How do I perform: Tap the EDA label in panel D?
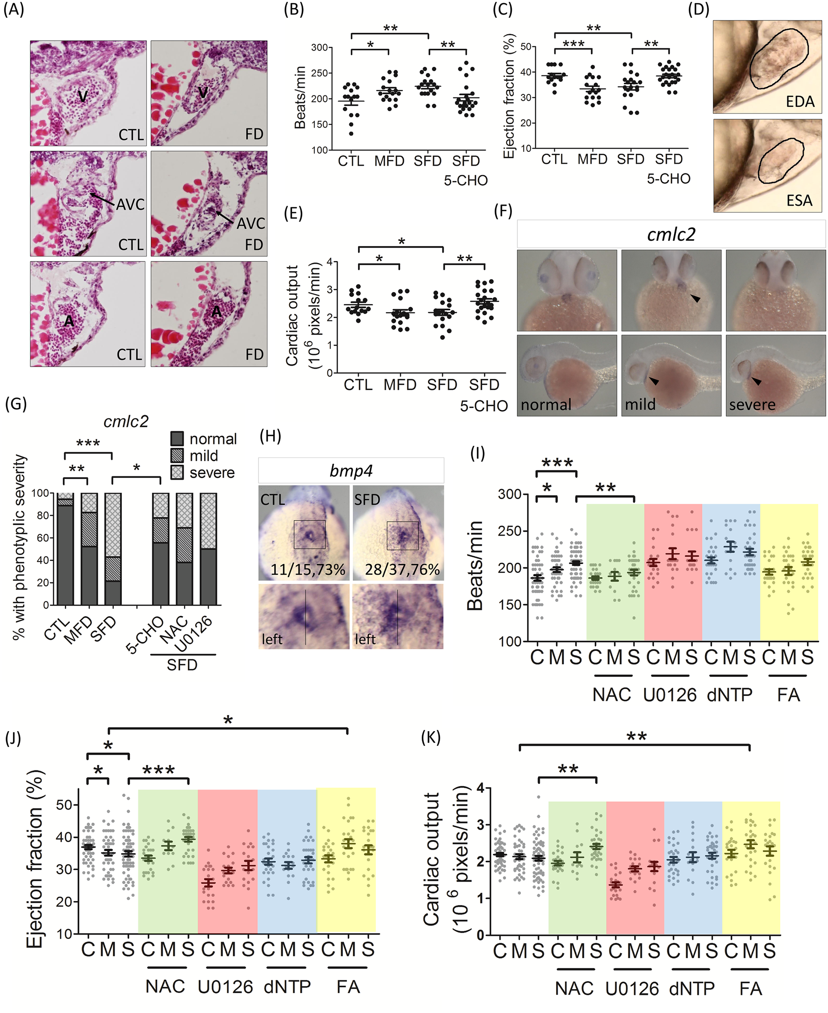[x=800, y=101]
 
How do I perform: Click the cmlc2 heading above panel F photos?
[x=671, y=234]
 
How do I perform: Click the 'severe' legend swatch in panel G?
[x=177, y=472]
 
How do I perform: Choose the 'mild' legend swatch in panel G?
[x=177, y=456]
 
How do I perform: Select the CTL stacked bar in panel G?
[x=65, y=549]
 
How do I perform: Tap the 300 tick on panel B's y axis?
[x=319, y=48]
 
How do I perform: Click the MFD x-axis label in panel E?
[x=400, y=385]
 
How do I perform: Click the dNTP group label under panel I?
[x=729, y=694]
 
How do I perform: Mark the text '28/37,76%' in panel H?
[x=402, y=569]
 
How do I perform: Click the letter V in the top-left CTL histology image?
[x=83, y=97]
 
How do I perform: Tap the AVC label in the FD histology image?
[x=251, y=223]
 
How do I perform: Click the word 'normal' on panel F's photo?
[x=546, y=405]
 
